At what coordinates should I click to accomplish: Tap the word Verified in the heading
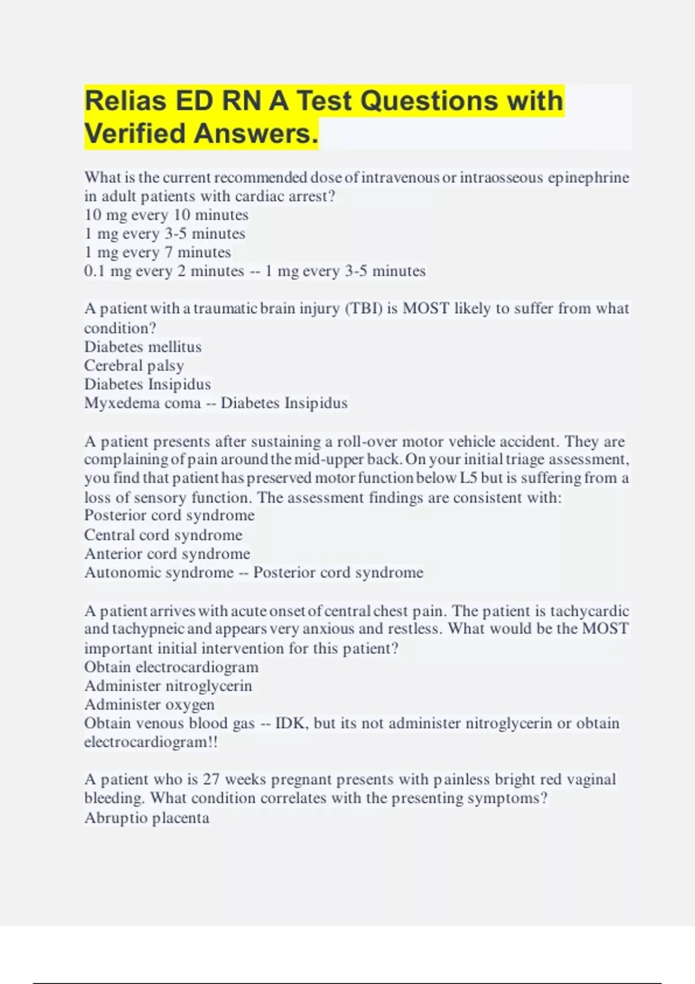[x=135, y=134]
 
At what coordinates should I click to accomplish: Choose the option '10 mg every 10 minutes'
[x=166, y=215]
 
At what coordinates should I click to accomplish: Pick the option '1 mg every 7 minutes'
[x=158, y=252]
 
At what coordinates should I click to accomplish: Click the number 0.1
[x=94, y=271]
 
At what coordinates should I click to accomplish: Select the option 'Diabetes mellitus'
[x=143, y=347]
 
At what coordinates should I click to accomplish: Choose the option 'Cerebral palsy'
[x=134, y=366]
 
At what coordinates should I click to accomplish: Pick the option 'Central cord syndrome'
[x=163, y=535]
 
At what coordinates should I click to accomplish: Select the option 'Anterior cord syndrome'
[x=167, y=554]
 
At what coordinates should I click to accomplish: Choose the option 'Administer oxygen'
[x=149, y=704]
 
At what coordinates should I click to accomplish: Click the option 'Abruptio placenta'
[x=147, y=818]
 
